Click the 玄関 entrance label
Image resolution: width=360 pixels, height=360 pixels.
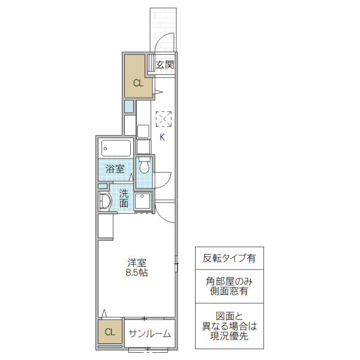[165, 65]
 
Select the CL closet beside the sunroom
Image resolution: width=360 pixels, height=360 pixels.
[110, 332]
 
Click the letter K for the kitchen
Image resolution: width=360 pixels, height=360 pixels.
[161, 136]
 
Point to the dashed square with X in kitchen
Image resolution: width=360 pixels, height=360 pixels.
[163, 119]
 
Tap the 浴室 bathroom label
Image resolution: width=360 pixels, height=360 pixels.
[115, 169]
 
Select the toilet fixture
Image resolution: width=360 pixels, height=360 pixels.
[143, 165]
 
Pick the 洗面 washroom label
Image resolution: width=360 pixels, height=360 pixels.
[123, 198]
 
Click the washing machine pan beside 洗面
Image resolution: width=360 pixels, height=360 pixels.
[143, 200]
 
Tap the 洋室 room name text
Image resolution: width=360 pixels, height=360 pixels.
[137, 262]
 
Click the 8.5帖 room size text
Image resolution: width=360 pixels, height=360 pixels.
[137, 272]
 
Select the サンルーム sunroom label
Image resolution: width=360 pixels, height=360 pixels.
[149, 334]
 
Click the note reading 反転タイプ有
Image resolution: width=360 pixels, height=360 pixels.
[229, 259]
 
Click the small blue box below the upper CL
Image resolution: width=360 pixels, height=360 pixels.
[128, 107]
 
